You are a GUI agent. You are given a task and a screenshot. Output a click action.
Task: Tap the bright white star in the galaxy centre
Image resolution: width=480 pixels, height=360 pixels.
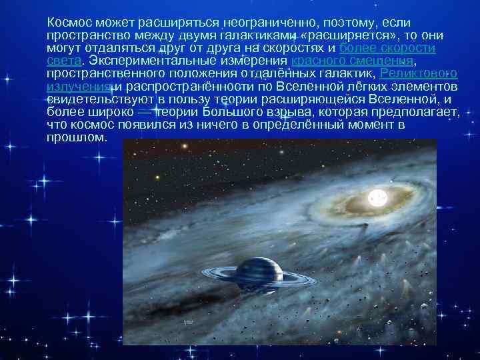click(376, 197)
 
